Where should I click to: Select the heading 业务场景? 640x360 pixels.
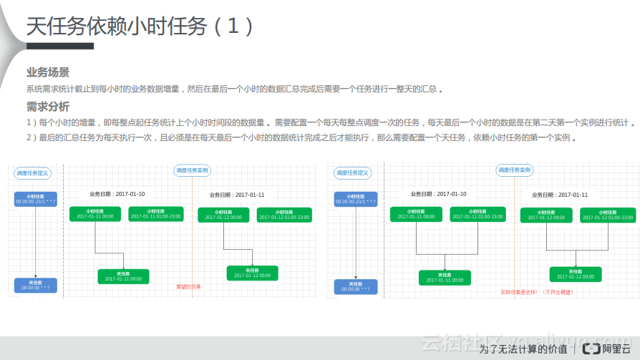(48, 72)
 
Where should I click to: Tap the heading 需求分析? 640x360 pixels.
(48, 107)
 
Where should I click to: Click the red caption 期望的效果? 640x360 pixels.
(188, 287)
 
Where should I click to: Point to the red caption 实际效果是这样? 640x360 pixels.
(537, 292)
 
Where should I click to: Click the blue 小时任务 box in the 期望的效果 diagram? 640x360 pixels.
(35, 199)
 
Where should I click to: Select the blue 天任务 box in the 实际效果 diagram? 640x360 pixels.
(356, 286)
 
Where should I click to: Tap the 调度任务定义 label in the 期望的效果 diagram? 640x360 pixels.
(32, 172)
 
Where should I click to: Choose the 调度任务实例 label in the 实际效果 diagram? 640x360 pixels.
(514, 170)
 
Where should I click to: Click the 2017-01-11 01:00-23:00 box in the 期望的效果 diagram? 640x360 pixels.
(155, 214)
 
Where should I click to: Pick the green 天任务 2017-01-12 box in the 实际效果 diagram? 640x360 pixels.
(576, 274)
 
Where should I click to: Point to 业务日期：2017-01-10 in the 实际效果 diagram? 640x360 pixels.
(438, 194)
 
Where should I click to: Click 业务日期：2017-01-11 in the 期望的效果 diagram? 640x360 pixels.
(237, 195)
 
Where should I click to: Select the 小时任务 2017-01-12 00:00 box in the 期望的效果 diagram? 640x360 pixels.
(223, 215)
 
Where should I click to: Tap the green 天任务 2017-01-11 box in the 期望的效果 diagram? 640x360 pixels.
(123, 276)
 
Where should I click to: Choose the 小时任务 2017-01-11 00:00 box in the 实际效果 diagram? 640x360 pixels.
(416, 214)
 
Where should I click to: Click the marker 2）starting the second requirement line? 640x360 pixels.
(31, 137)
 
